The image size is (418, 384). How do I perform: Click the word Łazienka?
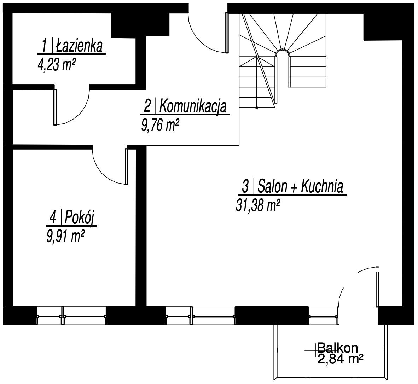coord(79,46)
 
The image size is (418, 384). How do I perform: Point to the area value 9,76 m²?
coord(160,125)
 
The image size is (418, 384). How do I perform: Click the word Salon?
coord(273,187)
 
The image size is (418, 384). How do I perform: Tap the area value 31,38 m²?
coord(258,205)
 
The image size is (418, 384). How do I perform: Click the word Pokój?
coord(81,217)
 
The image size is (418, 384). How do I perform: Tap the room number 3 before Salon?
coord(245,187)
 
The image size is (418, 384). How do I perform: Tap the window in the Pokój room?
coord(72,315)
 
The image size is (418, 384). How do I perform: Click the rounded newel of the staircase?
coord(283,52)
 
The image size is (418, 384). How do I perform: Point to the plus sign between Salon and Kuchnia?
coord(294,188)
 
